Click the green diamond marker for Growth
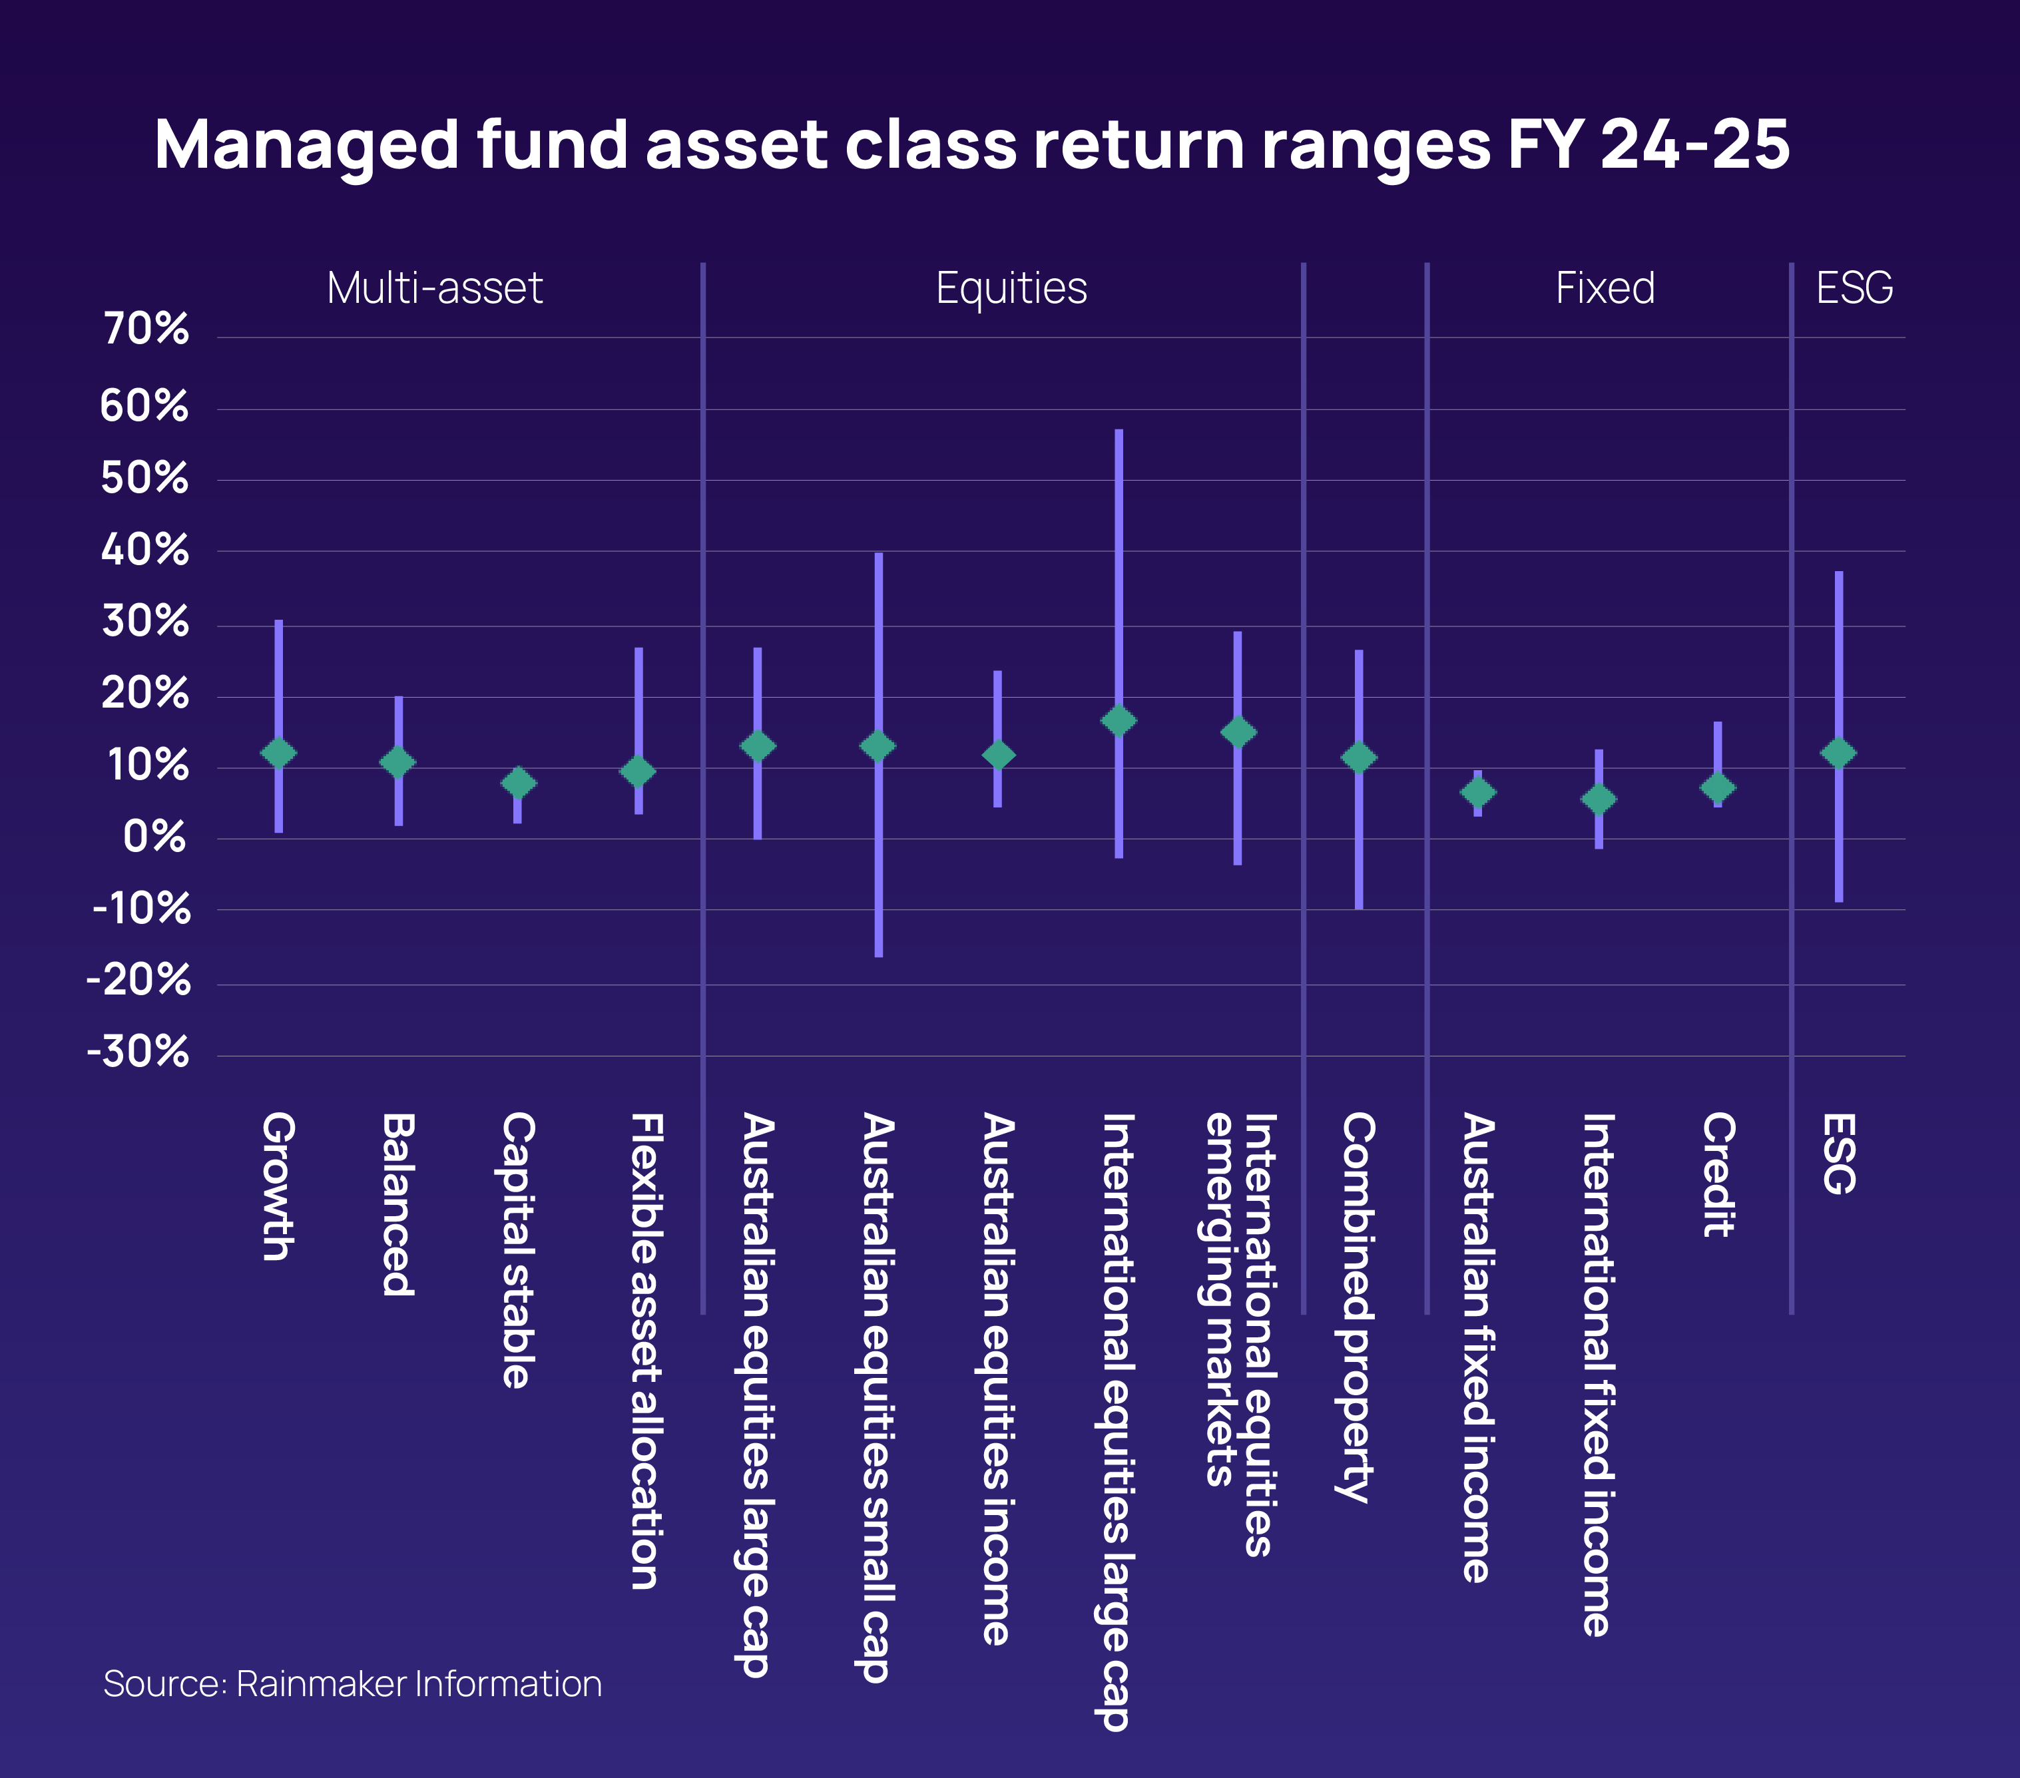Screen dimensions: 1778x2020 (x=279, y=753)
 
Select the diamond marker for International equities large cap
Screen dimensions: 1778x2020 (x=1119, y=720)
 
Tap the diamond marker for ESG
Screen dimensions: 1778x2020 (x=1838, y=753)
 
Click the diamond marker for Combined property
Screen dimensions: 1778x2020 (x=1359, y=757)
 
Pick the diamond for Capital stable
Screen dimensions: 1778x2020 (x=518, y=783)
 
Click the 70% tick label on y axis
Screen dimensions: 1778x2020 (x=145, y=328)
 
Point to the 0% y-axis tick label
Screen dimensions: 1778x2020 (x=154, y=837)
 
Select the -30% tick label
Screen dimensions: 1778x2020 (x=138, y=1052)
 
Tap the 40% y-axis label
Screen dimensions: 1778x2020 (x=145, y=550)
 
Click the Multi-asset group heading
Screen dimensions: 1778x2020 (x=435, y=289)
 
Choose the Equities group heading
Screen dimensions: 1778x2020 (x=1011, y=289)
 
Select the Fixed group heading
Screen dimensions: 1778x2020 (x=1605, y=289)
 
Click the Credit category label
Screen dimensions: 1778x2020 (x=1718, y=1174)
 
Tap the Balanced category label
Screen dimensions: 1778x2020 (x=397, y=1204)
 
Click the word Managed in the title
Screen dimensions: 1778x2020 (x=306, y=145)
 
